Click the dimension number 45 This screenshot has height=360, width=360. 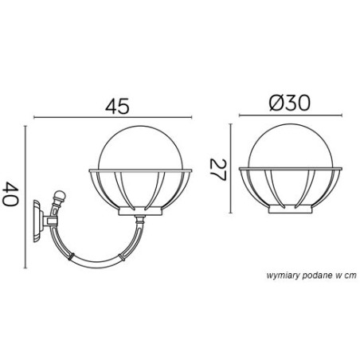click(x=117, y=106)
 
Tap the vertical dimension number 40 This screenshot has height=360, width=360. click(x=10, y=194)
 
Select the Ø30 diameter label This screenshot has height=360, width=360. click(x=289, y=103)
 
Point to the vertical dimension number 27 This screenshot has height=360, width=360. click(x=217, y=170)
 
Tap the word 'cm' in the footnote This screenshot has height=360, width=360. click(x=351, y=276)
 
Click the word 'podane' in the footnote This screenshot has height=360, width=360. click(x=318, y=276)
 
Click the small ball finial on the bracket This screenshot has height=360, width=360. click(x=60, y=196)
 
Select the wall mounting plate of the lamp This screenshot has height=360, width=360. click(x=38, y=221)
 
